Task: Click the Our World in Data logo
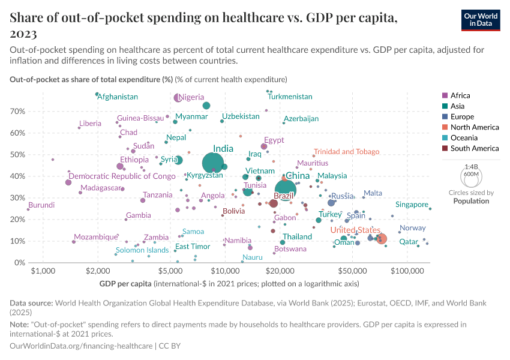click(x=481, y=20)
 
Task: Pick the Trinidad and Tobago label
click(x=346, y=152)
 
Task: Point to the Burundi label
click(x=41, y=205)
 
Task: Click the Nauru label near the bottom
click(x=253, y=257)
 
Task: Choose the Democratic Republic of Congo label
click(x=122, y=176)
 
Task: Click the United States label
click(x=356, y=230)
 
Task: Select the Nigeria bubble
click(x=178, y=98)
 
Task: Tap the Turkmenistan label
click(x=290, y=97)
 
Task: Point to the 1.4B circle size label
click(x=471, y=166)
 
